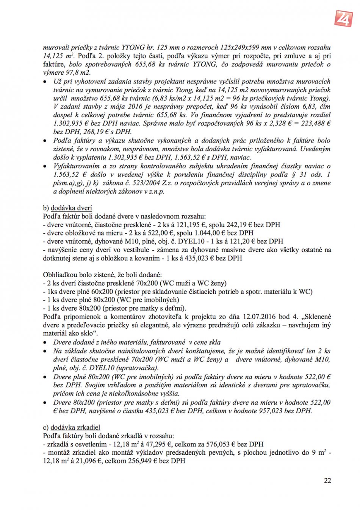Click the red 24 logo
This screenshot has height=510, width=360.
[x=343, y=17]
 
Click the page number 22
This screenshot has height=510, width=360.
[x=327, y=480]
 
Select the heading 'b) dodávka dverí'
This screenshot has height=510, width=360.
[x=67, y=208]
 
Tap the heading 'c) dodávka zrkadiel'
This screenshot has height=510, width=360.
[x=72, y=427]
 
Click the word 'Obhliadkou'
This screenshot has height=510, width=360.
[x=61, y=275]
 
